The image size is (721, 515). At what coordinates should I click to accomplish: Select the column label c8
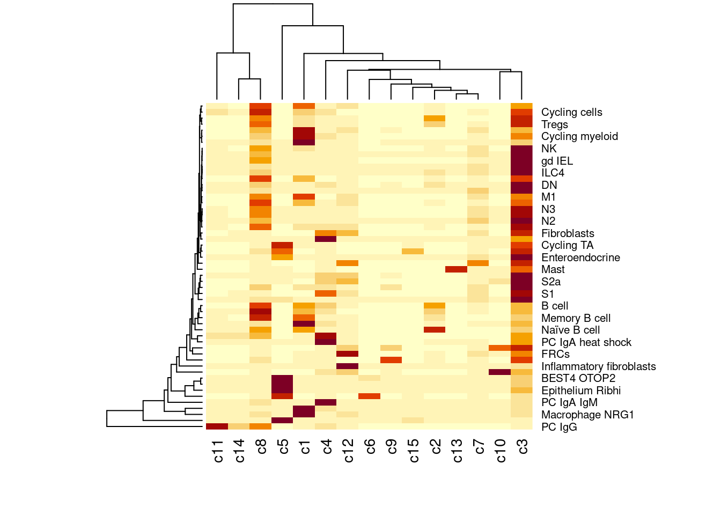[261, 447]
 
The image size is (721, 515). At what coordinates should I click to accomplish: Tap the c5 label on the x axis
[283, 447]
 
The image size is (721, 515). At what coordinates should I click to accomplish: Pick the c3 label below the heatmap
[523, 447]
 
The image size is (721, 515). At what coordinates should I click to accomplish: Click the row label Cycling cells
[571, 112]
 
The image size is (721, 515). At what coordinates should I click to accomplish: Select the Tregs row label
[554, 124]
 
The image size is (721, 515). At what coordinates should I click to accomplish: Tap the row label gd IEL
[557, 161]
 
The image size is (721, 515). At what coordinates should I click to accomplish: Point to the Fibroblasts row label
[568, 233]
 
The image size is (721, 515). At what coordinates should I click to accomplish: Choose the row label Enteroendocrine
[580, 257]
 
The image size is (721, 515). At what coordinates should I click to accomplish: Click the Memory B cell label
[576, 318]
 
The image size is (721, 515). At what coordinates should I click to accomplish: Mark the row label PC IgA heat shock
[586, 342]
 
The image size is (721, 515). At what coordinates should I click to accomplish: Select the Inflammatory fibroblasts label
[598, 366]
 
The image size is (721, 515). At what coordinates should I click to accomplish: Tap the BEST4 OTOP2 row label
[578, 378]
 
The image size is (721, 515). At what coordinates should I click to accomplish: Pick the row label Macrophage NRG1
[587, 415]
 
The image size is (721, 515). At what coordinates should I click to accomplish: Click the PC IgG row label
[559, 427]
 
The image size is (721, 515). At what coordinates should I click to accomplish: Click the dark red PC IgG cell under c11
[217, 426]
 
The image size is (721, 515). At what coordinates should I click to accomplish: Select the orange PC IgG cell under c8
[260, 426]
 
